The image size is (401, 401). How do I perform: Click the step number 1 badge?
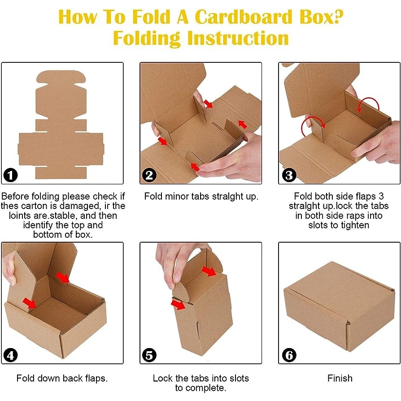[x=10, y=175]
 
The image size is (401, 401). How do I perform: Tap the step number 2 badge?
[x=149, y=175]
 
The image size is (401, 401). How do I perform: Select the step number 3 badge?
[x=289, y=175]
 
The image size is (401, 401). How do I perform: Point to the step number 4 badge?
[x=10, y=355]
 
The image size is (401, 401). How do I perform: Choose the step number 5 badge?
[x=149, y=355]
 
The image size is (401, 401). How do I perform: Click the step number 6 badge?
[x=289, y=355]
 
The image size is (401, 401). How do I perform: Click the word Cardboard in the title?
[x=243, y=17]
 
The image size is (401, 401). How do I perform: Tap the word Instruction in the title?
[x=238, y=39]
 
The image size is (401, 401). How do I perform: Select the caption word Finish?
[x=340, y=378]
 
